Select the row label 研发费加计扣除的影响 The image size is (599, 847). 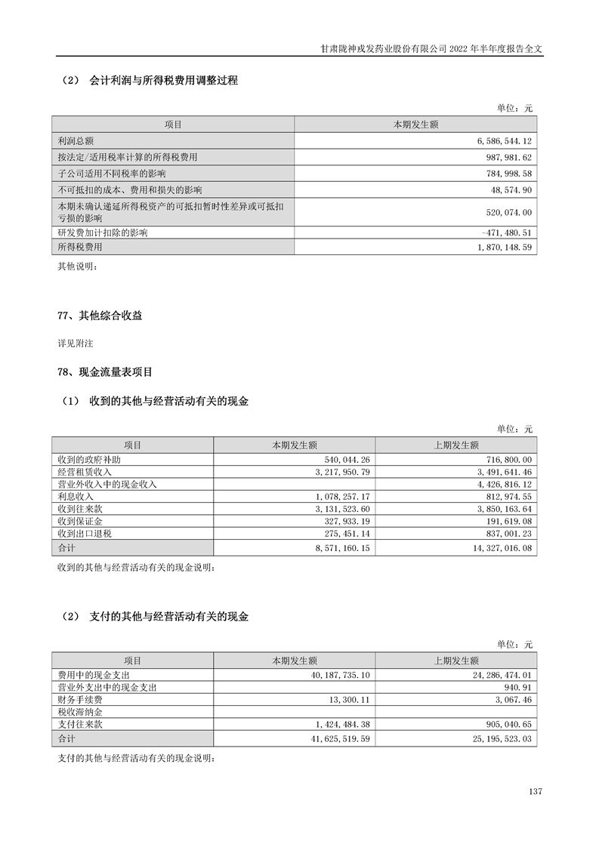pyautogui.click(x=102, y=233)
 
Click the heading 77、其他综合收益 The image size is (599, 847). pyautogui.click(x=100, y=316)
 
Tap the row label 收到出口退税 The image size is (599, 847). pyautogui.click(x=85, y=533)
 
